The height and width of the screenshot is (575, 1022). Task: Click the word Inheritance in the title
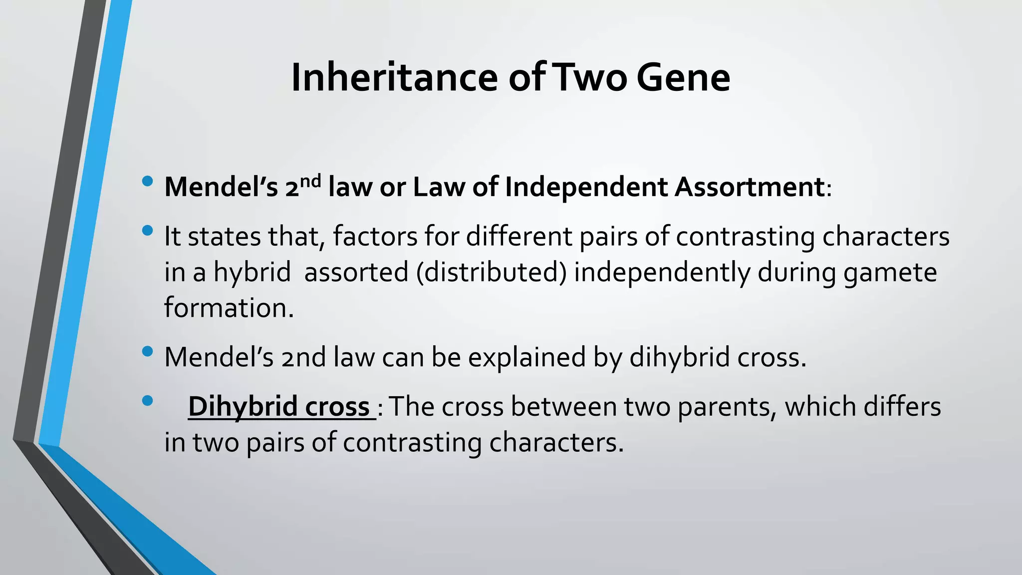pyautogui.click(x=394, y=78)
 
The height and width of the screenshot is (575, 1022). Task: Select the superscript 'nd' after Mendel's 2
pyautogui.click(x=310, y=181)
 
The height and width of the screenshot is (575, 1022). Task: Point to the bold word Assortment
pyautogui.click(x=749, y=188)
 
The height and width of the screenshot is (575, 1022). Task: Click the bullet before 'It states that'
pyautogui.click(x=147, y=231)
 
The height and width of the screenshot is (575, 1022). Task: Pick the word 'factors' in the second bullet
pyautogui.click(x=375, y=237)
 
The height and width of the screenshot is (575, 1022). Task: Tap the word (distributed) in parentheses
pyautogui.click(x=492, y=273)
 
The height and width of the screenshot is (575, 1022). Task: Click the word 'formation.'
pyautogui.click(x=229, y=307)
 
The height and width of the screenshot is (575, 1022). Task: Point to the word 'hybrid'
pyautogui.click(x=252, y=273)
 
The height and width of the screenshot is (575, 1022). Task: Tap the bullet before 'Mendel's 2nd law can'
pyautogui.click(x=147, y=351)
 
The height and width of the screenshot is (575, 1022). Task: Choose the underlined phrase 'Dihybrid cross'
pyautogui.click(x=279, y=406)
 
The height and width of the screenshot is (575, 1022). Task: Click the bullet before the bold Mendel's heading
pyautogui.click(x=147, y=181)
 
